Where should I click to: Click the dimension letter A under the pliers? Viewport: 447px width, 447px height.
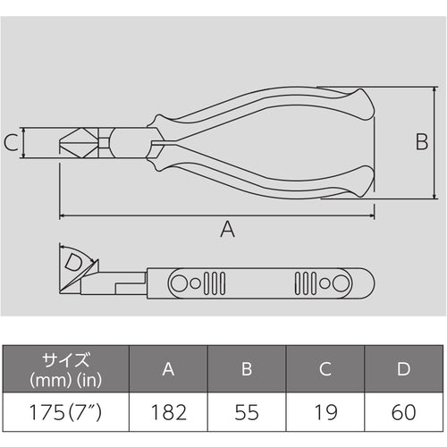pos(227,230)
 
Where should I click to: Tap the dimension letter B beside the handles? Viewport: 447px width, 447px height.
pos(422,140)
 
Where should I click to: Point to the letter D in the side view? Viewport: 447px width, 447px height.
pos(75,263)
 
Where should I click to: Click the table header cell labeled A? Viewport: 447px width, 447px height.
pos(168,367)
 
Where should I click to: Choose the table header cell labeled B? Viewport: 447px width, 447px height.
pos(247,367)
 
